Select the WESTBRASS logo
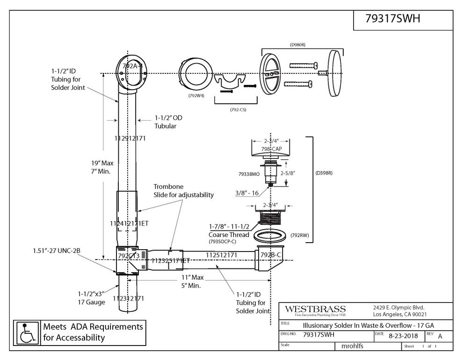315,310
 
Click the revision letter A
440,336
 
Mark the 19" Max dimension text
102,163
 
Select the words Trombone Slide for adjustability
183,190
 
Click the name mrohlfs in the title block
351,346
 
